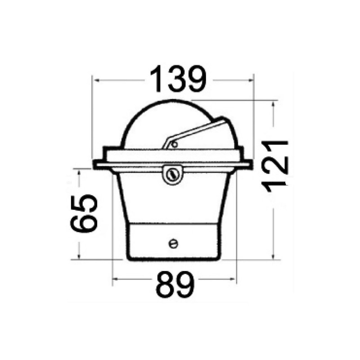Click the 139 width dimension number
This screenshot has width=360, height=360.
(x=178, y=79)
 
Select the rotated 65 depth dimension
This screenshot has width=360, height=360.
(x=84, y=213)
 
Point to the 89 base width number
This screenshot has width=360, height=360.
(x=175, y=285)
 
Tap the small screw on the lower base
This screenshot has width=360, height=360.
(x=173, y=243)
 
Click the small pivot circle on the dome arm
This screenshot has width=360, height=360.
(x=175, y=144)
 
